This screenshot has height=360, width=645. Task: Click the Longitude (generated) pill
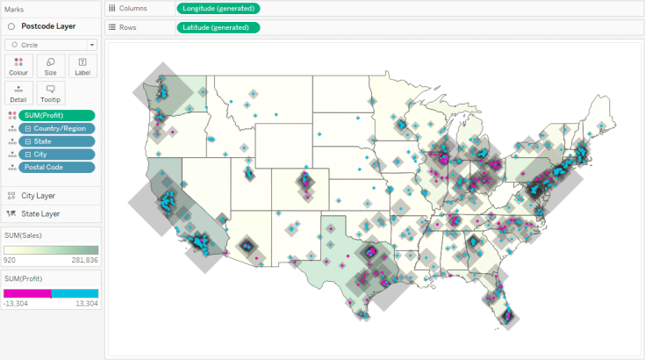click(x=219, y=8)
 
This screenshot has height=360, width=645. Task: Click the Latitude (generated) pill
click(x=219, y=27)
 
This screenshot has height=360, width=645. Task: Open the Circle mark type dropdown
click(x=51, y=44)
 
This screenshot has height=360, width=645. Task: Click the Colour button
click(x=18, y=66)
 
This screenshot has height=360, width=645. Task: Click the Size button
click(x=50, y=66)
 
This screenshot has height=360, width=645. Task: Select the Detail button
click(x=18, y=93)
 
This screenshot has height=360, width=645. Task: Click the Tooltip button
click(x=50, y=93)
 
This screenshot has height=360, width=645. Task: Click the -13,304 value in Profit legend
click(x=15, y=303)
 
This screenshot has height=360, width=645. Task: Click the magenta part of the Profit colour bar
click(x=26, y=293)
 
